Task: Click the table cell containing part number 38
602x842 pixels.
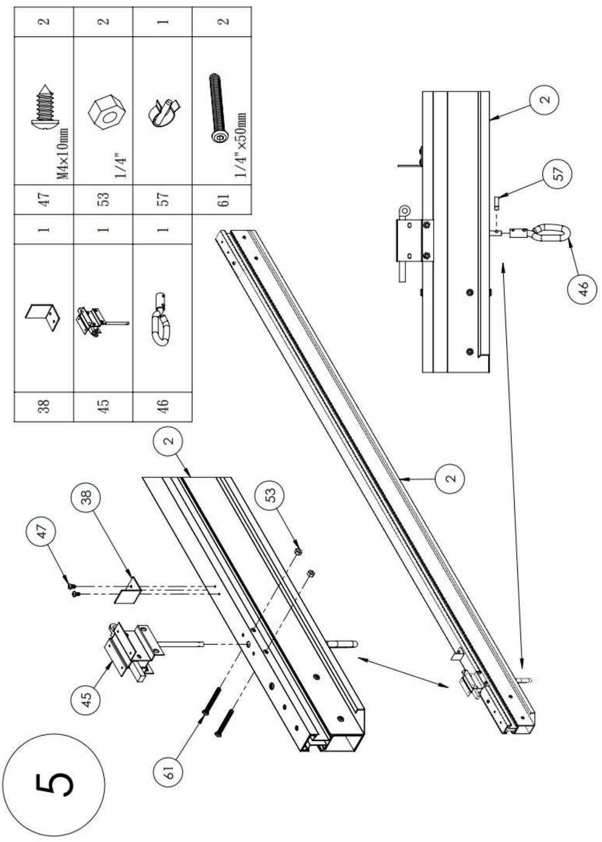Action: [x=44, y=406]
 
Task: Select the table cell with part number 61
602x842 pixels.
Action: [x=222, y=199]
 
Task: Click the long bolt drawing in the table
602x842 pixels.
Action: [x=218, y=108]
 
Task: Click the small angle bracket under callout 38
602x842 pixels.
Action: [x=128, y=591]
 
